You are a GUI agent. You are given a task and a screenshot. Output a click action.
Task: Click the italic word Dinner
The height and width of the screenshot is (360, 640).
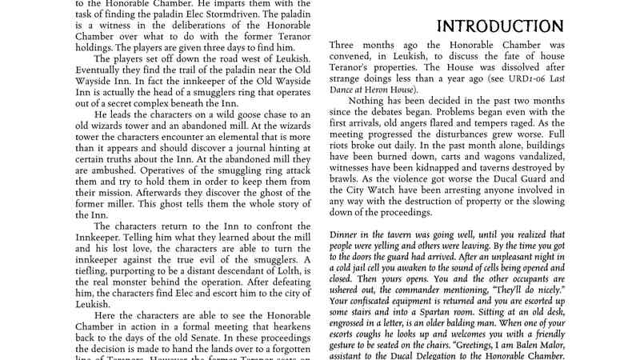[346, 232]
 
